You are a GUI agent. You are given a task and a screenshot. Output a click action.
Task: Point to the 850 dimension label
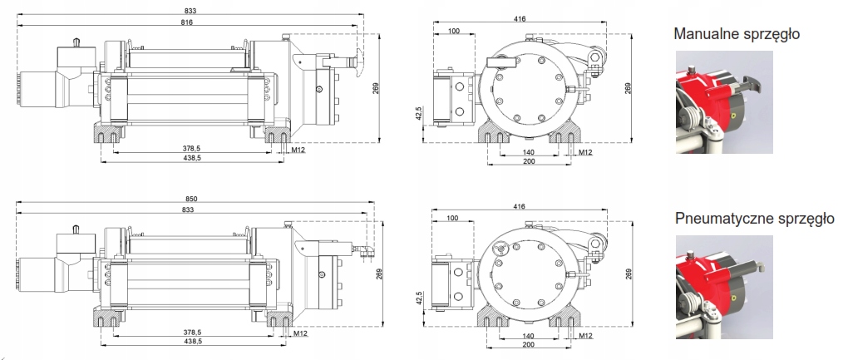point(192,200)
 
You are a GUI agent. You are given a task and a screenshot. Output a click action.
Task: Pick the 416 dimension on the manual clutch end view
point(520,18)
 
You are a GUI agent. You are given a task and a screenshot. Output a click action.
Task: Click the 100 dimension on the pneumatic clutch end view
point(453,218)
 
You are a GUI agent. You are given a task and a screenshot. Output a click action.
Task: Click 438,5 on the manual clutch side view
point(192,157)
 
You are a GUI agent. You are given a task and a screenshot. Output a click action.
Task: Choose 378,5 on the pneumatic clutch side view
point(192,333)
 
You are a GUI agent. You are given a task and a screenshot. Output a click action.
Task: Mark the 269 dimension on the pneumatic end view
point(628,274)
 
